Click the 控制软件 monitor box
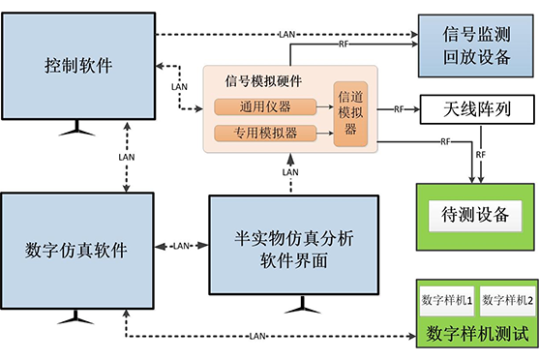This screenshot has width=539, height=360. point(78,66)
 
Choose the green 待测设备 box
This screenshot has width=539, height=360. point(475,212)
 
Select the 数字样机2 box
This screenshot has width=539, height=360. point(506,302)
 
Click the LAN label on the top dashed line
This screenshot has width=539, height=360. point(287,36)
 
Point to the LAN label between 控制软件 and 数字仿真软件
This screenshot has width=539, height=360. point(127,154)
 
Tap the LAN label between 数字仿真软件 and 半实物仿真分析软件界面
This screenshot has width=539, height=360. point(182,246)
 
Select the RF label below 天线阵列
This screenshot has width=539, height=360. point(481,153)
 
